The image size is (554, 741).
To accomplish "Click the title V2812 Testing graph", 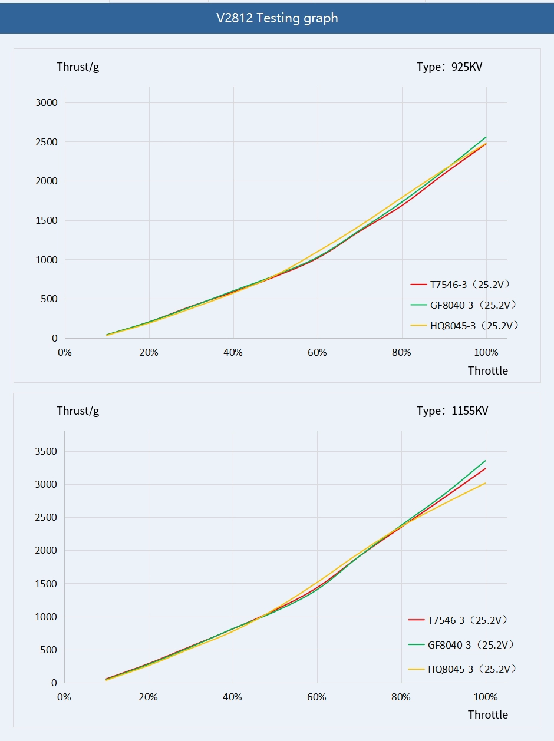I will (x=277, y=18).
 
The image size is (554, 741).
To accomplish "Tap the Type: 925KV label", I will (x=449, y=67).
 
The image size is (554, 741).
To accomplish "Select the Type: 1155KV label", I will (x=452, y=411).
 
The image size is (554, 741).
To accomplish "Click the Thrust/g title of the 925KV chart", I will (x=78, y=67).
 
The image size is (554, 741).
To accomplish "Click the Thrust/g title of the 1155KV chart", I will (x=78, y=411).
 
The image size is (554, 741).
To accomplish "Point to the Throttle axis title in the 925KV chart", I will (x=487, y=370).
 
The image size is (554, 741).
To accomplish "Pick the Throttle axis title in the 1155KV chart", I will (x=487, y=714).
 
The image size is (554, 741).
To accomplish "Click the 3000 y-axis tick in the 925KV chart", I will (x=45, y=103).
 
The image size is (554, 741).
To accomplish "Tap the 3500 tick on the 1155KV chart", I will (x=45, y=452).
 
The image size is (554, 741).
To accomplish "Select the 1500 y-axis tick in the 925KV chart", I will (x=45, y=221).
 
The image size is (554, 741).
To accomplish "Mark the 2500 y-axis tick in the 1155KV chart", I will (x=45, y=518).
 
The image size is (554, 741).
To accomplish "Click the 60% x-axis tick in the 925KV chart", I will (x=317, y=353).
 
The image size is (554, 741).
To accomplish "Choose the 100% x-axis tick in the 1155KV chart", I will (x=485, y=697).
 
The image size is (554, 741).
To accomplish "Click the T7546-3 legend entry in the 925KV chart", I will (x=461, y=285).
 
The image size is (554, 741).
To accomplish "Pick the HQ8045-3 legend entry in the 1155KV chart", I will (x=463, y=669).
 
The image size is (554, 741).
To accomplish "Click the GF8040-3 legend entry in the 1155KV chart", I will (x=462, y=645).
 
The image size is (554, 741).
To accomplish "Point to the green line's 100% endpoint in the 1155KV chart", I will (x=485, y=461).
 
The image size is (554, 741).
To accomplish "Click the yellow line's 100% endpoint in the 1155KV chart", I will (x=485, y=483).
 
